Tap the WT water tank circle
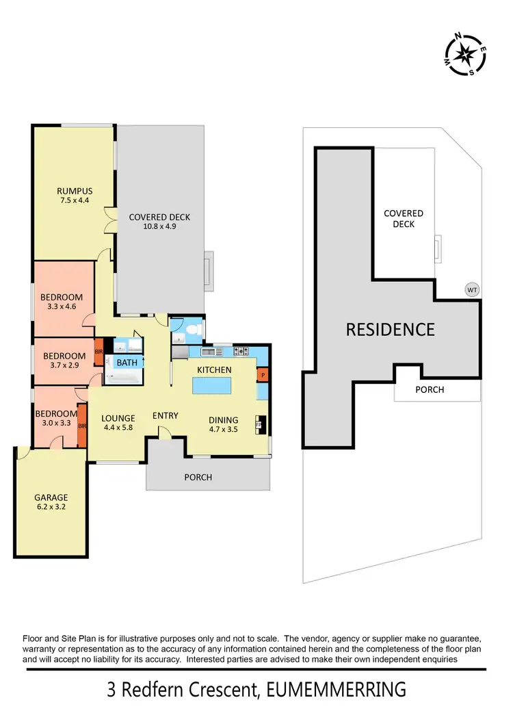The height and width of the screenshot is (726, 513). (472, 289)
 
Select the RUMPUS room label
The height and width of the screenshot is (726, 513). (75, 191)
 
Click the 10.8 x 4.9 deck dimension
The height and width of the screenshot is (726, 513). (159, 226)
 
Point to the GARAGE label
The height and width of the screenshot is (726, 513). (51, 497)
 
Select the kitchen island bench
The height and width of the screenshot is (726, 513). (214, 387)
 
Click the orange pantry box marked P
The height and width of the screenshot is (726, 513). (263, 374)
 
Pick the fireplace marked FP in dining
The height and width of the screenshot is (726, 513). (259, 424)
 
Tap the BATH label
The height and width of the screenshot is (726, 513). (127, 363)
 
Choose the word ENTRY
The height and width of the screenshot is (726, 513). (165, 415)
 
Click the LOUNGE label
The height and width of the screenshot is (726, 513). (118, 419)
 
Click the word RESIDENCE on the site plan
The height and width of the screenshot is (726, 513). (390, 329)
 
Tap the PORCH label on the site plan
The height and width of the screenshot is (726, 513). (430, 389)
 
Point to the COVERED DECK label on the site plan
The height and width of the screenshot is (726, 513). (404, 218)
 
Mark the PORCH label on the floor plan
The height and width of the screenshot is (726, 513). (198, 477)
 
